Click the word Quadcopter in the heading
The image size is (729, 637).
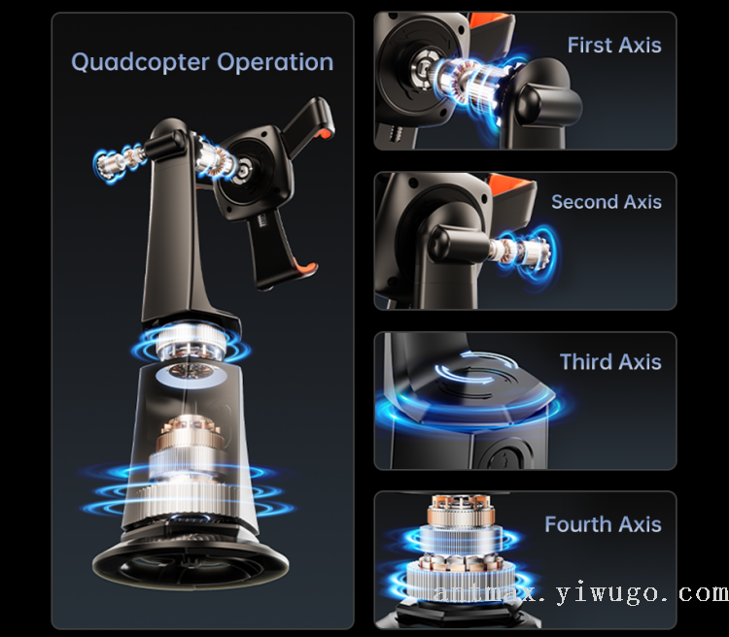pos(140,63)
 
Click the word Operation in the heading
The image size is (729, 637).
pos(275,63)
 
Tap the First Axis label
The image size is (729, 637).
pos(614,45)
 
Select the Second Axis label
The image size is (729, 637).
pos(607,202)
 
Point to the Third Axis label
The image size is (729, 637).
pos(610,361)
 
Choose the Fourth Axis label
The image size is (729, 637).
pos(603,524)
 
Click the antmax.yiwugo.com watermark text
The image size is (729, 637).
pos(580,593)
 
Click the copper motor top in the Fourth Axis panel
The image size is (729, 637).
pos(461,510)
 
